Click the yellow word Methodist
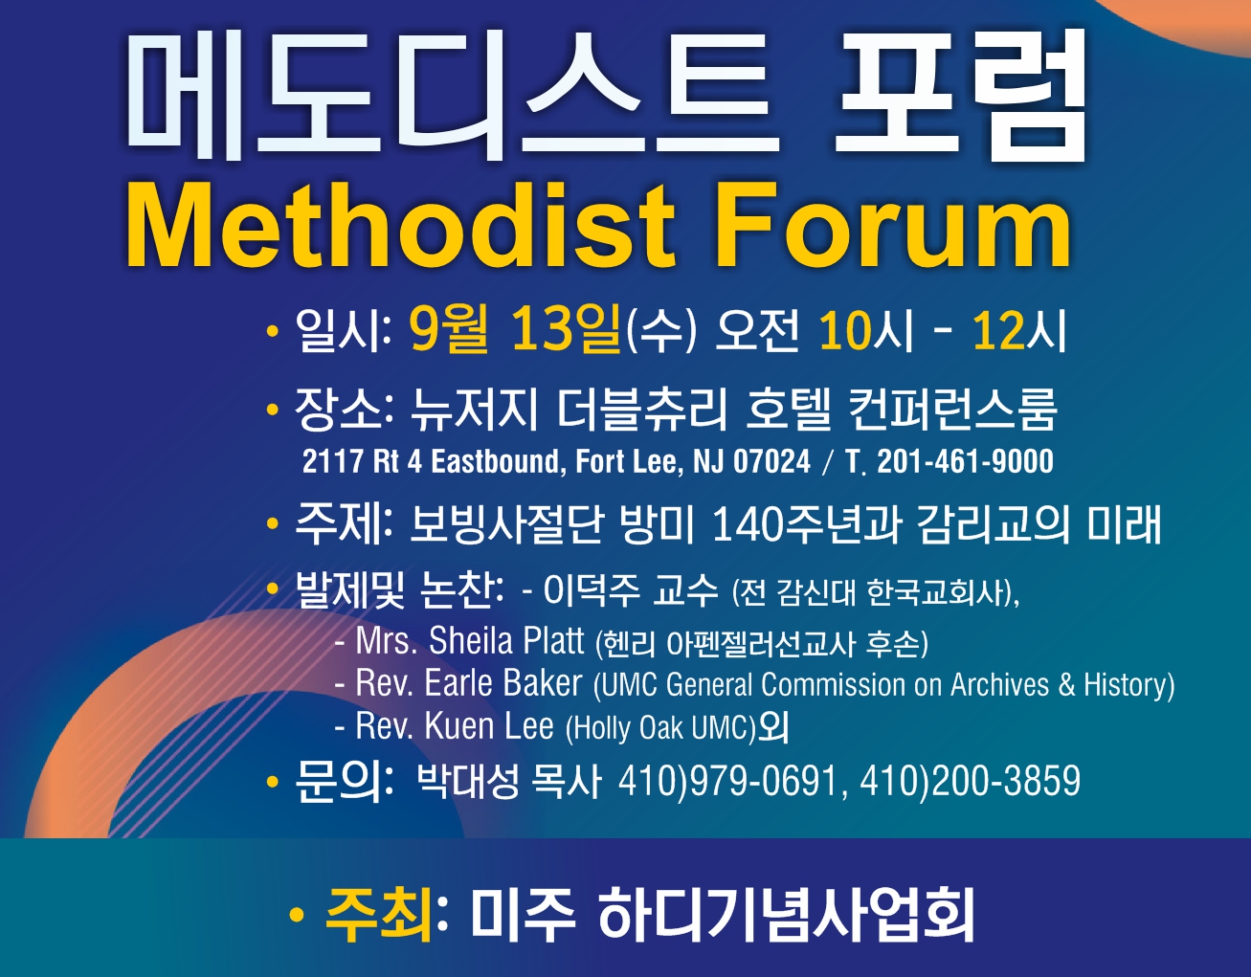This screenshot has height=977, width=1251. point(399,225)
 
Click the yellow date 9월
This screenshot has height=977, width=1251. point(449,330)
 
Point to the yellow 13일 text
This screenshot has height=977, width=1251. point(566,330)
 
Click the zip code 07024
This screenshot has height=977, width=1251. point(771,461)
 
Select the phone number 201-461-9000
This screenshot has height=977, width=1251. point(965,461)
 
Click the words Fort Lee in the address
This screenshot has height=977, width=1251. point(629,461)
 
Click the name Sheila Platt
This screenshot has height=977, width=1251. point(506,640)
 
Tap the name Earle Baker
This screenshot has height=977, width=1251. point(503,683)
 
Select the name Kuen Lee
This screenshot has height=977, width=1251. point(489,726)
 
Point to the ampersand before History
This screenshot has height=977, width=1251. point(1066,685)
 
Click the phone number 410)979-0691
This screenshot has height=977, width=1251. point(728,782)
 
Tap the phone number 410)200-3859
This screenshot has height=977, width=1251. point(970,782)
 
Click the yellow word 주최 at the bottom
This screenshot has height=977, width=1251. point(378,914)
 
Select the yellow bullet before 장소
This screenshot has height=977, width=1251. point(272,410)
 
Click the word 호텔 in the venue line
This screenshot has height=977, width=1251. point(788,410)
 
